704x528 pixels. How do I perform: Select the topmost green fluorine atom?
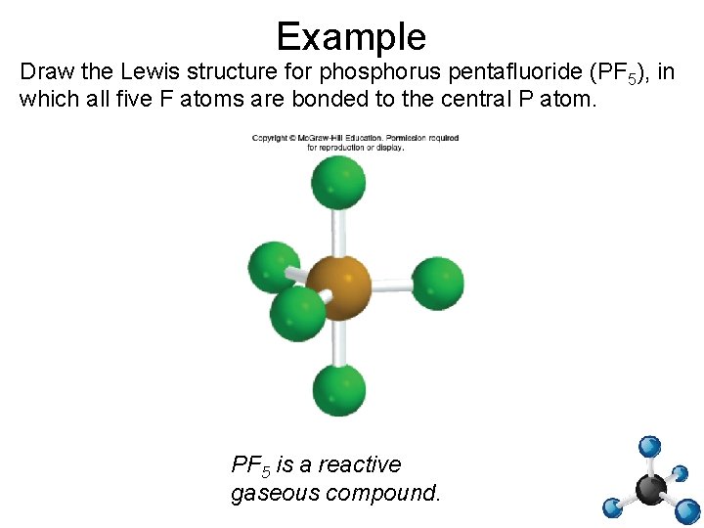(338, 182)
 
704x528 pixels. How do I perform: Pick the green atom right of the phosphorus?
(436, 284)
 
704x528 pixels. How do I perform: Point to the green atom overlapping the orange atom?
(296, 312)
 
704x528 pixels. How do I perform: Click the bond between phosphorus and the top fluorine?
(338, 231)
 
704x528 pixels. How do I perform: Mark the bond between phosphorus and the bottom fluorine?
(339, 342)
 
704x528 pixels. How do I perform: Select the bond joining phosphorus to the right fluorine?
(391, 286)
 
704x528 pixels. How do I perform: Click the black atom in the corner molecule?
(651, 487)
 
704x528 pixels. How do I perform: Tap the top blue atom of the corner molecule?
(649, 447)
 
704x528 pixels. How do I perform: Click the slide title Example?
(351, 36)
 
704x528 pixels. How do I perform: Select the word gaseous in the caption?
(274, 493)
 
